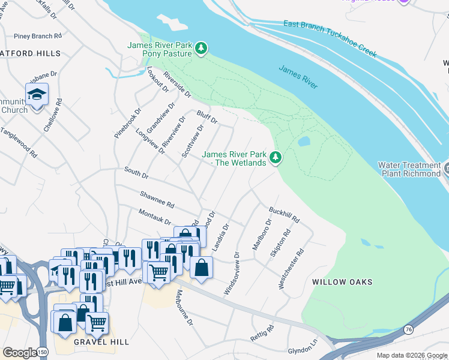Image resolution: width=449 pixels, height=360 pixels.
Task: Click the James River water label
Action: coord(298,77)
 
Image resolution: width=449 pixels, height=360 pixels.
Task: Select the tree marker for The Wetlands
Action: coord(276,158)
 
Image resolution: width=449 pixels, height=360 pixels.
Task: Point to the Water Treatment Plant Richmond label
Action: coord(409,169)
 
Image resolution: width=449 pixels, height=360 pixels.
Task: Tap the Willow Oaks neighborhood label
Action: coord(342,282)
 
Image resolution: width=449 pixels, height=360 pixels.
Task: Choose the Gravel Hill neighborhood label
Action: coord(101,342)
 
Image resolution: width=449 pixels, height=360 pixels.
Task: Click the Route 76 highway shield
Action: coord(408,329)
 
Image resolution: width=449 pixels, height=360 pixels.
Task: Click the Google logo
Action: coord(19,352)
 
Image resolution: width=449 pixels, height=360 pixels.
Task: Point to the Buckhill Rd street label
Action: coord(284,215)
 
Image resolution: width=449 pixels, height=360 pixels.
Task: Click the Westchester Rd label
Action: coord(292,269)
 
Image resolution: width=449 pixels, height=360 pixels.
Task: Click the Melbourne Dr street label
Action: coord(184,308)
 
